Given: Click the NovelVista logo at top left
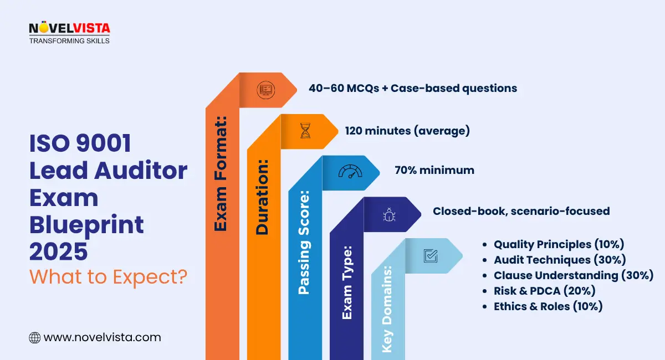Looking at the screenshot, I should [x=69, y=33].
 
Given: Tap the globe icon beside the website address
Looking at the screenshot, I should [x=34, y=337].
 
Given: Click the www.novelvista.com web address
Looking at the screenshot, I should [x=102, y=337].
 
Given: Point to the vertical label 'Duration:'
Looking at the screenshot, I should [x=262, y=198].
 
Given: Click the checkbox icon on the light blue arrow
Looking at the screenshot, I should [x=430, y=255].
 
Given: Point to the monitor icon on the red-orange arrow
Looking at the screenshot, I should [x=265, y=89].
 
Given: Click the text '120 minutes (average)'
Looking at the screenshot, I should [x=407, y=131].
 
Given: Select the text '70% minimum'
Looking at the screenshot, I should [x=434, y=170].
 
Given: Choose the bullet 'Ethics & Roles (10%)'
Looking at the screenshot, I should [x=548, y=306].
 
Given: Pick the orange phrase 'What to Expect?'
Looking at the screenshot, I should [x=108, y=275].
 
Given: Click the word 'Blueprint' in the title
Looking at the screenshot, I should [x=86, y=225].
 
